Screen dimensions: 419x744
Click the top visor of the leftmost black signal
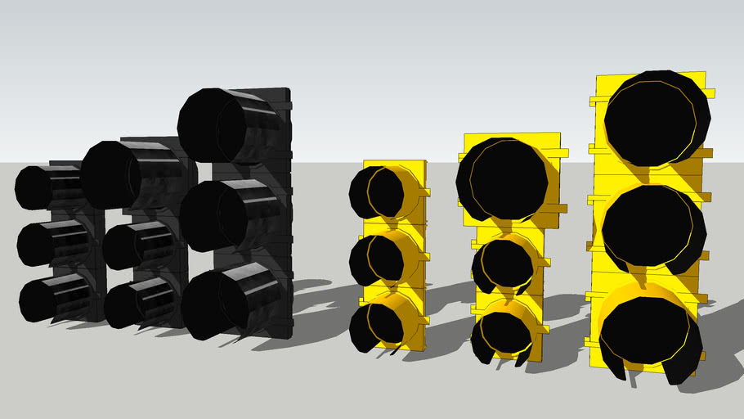49,187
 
